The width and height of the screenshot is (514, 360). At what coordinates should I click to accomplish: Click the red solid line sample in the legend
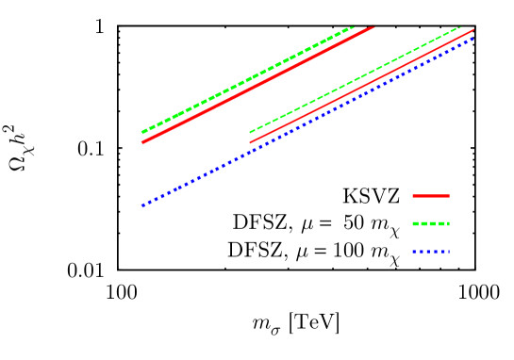(431, 196)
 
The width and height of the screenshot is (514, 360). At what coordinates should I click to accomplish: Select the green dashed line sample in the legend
(431, 224)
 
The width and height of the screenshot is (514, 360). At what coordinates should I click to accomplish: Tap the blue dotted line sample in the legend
(431, 253)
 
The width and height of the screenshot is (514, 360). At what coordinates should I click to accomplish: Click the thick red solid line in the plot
(257, 85)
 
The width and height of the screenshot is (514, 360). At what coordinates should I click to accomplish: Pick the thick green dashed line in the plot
(247, 79)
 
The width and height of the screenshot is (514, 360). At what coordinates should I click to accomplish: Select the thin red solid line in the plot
(362, 86)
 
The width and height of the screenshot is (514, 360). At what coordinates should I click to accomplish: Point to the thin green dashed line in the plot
(356, 79)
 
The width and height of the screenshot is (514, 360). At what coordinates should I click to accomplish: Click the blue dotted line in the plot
(307, 122)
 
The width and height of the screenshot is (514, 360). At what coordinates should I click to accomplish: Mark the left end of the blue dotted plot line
(142, 205)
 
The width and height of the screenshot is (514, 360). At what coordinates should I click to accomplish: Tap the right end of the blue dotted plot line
(473, 38)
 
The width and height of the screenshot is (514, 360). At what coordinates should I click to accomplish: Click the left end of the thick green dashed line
(142, 133)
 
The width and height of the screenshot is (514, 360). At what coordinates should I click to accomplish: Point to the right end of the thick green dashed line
(353, 27)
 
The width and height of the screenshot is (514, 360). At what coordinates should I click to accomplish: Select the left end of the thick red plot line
(142, 142)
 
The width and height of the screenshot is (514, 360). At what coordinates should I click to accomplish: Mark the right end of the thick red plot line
(373, 27)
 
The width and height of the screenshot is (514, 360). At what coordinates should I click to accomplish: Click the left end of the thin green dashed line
(250, 133)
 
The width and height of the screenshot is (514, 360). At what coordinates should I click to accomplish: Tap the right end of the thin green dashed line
(460, 27)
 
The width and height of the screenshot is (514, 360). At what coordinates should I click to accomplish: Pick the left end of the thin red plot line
(250, 143)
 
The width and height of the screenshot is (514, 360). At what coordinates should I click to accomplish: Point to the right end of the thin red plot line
(473, 29)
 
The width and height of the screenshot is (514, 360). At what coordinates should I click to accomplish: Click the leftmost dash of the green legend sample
(415, 224)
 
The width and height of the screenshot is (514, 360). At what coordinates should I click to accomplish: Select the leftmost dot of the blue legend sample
(414, 253)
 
